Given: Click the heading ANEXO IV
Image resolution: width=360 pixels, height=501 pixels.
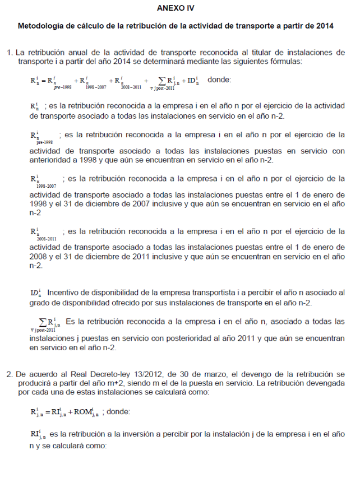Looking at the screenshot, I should pyautogui.click(x=179, y=8).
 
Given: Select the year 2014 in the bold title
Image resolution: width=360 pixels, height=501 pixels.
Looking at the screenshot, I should pyautogui.click(x=324, y=26).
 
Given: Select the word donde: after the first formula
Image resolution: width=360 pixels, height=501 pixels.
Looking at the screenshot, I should pyautogui.click(x=219, y=80).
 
